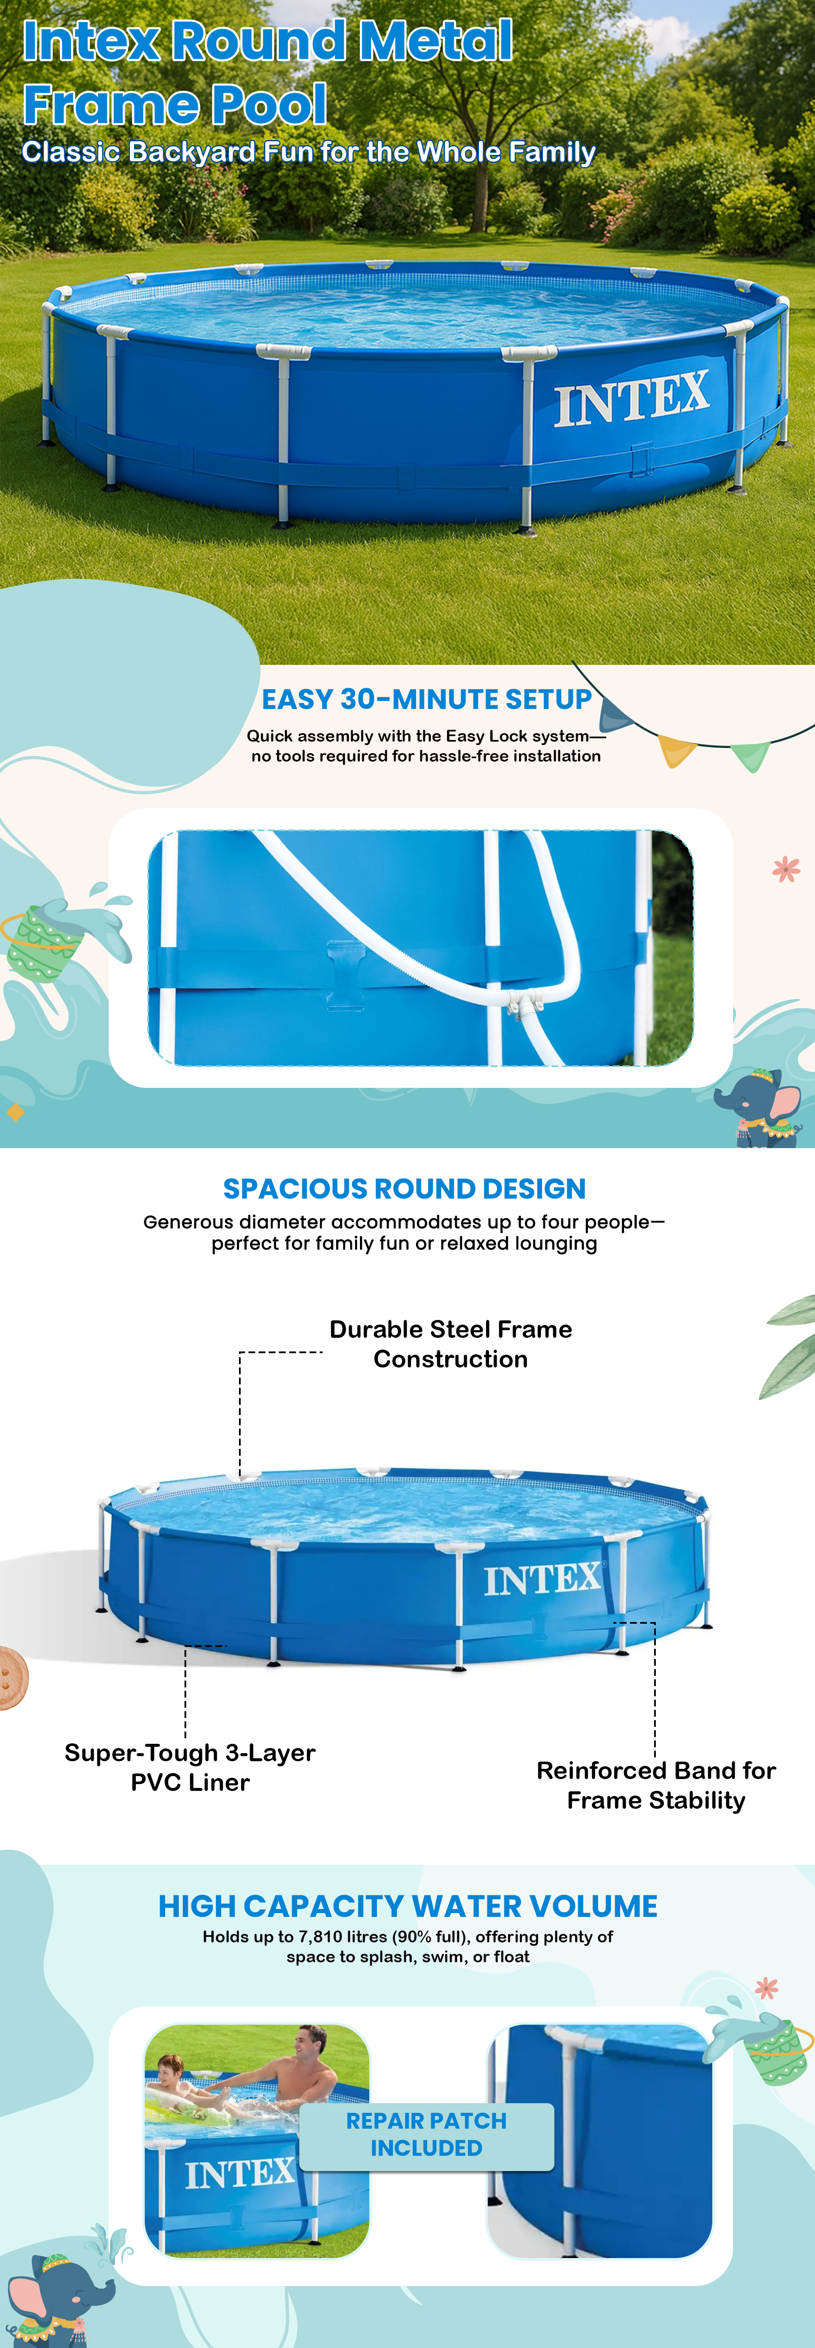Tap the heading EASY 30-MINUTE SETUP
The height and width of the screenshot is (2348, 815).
(427, 699)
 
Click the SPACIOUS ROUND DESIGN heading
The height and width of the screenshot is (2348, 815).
(405, 1188)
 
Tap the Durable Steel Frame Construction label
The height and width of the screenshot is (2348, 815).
(450, 1344)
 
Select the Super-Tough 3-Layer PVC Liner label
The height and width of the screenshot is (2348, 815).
(190, 1768)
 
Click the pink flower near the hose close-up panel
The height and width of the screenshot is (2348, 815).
(786, 869)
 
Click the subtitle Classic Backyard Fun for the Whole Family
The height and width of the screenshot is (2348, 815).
(308, 151)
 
